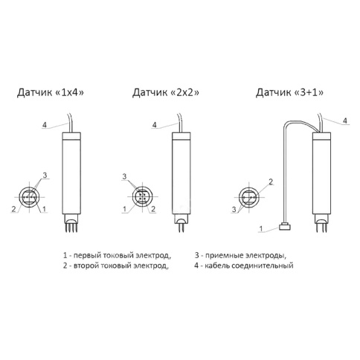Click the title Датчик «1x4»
(51, 92)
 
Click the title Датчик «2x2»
(166, 92)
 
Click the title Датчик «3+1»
(289, 92)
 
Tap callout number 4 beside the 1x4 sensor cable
(45, 124)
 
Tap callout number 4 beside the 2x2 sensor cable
(155, 124)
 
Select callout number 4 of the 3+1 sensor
(345, 120)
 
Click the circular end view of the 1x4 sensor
(29, 197)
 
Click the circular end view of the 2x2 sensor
(142, 196)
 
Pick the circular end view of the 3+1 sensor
(248, 197)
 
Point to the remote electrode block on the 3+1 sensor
(285, 227)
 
